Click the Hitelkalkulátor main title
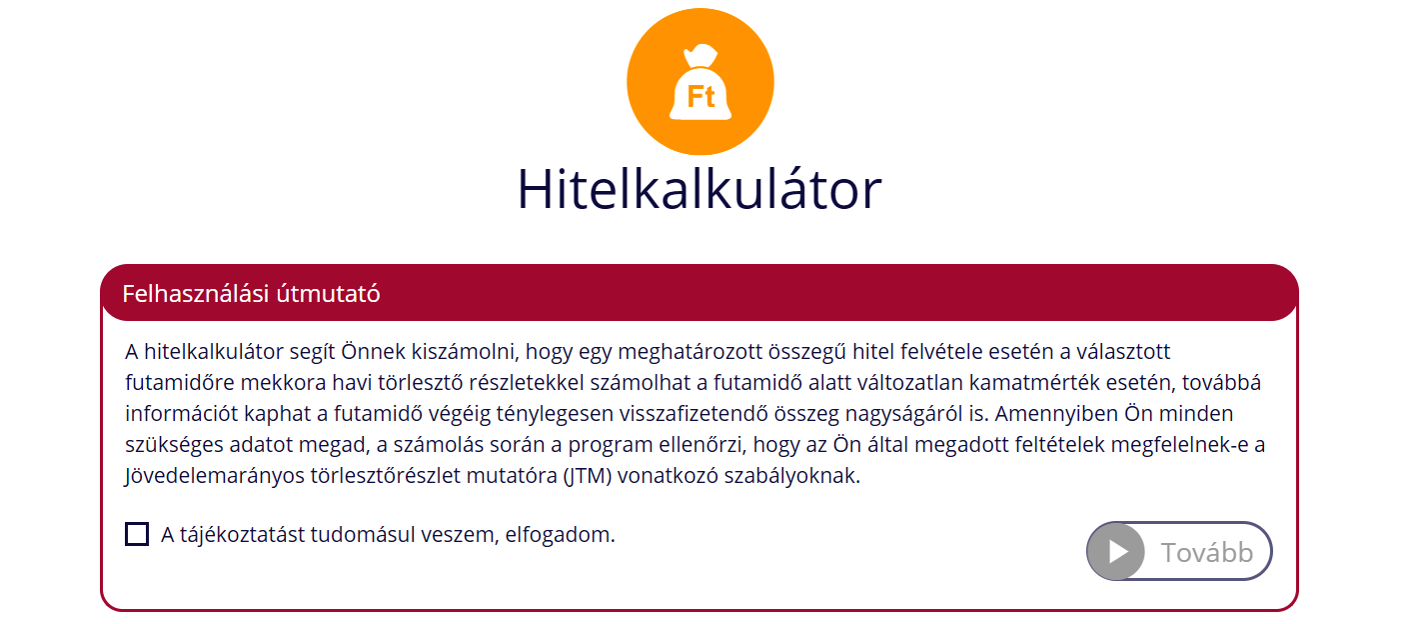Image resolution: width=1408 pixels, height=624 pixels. [x=699, y=189]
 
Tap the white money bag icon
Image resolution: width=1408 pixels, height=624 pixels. [x=701, y=82]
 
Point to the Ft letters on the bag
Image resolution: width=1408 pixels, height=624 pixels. [x=701, y=97]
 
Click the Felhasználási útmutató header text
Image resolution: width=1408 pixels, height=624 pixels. [x=251, y=294]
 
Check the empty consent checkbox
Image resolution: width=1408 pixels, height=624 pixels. [x=137, y=534]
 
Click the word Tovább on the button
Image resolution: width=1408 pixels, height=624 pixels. [x=1207, y=552]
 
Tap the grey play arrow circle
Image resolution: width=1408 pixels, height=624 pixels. [x=1116, y=552]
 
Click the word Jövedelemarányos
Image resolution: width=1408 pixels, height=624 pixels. [x=215, y=476]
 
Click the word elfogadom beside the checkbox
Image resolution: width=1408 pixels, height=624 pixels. [x=560, y=535]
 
